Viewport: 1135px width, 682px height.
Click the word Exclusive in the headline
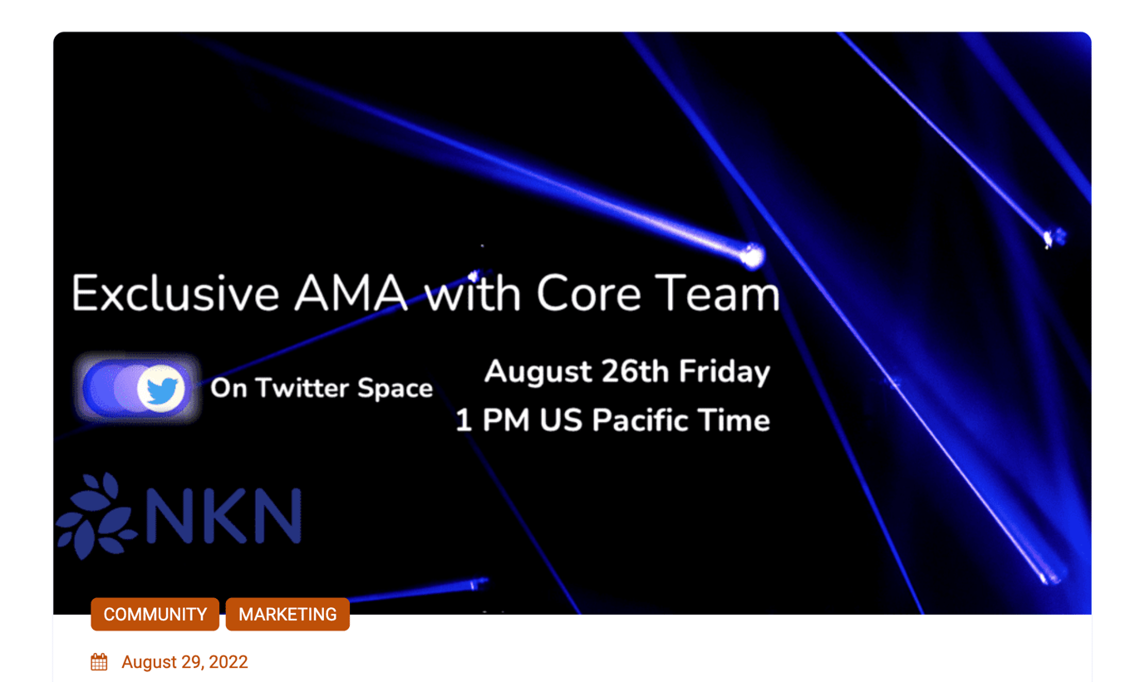(x=175, y=293)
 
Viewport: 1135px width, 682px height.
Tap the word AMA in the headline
(x=351, y=293)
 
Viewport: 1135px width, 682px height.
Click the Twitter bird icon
(x=161, y=389)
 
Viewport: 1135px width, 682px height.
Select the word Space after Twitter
(x=396, y=389)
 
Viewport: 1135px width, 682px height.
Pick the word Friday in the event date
(x=725, y=372)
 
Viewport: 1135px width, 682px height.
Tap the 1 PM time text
(x=493, y=420)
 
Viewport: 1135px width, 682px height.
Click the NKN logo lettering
(x=224, y=516)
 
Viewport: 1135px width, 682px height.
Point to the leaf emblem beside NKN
(x=96, y=515)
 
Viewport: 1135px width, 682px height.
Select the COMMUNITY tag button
(x=155, y=614)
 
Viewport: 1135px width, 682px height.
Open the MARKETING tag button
(x=287, y=614)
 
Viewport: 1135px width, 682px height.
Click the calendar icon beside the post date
(x=99, y=662)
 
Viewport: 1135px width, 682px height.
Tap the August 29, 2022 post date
(x=184, y=662)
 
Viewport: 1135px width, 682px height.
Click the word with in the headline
(x=473, y=293)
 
